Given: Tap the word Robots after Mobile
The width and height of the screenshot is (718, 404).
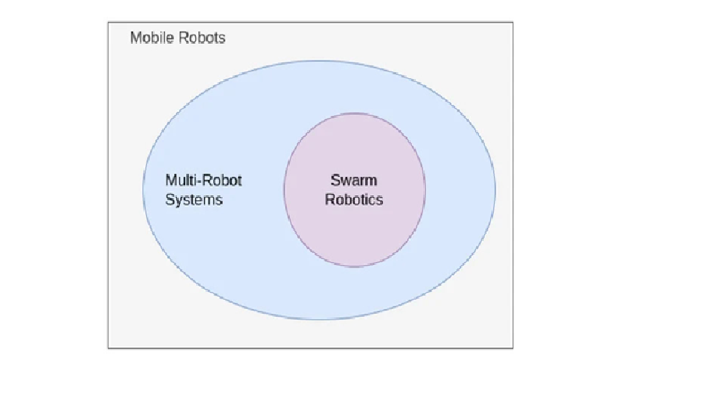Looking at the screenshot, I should (202, 38).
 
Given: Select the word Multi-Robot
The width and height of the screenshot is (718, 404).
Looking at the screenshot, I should (203, 181).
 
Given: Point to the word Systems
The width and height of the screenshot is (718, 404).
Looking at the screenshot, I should (194, 200).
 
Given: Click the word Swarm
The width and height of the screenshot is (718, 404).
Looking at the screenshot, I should (354, 181).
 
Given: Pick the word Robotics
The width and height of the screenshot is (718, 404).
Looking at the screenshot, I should (354, 200).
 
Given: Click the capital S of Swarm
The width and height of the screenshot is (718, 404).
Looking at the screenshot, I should (335, 181).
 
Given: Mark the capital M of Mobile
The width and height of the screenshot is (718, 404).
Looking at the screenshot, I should (135, 38).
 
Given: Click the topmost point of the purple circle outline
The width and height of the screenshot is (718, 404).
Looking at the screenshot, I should (355, 113).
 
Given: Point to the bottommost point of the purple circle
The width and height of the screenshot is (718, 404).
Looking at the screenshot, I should (355, 267).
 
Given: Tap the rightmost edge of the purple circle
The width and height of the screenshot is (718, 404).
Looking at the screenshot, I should (426, 190).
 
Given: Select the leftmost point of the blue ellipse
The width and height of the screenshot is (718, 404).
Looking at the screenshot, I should (143, 190).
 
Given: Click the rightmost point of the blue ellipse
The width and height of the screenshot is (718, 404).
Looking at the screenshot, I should (496, 190).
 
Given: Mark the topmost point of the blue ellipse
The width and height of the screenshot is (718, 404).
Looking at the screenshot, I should (319, 60).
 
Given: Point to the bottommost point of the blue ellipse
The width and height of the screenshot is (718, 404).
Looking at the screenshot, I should (319, 320).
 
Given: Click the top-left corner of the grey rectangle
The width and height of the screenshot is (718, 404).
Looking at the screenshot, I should (108, 22).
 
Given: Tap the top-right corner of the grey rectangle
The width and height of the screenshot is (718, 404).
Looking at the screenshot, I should (513, 22).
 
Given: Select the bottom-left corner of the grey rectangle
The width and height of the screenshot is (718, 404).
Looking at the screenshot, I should (108, 348).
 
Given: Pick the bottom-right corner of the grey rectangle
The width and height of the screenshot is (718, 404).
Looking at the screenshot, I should (513, 348).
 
